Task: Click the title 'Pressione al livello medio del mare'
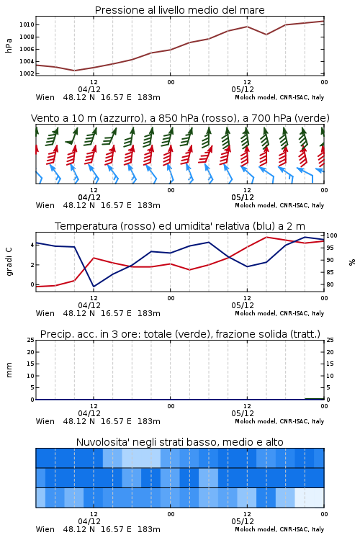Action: tap(179, 10)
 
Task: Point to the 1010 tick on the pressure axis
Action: tap(27, 24)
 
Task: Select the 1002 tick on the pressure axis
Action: tap(27, 73)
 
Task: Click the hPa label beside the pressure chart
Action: tap(9, 45)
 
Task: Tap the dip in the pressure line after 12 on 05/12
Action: tap(266, 35)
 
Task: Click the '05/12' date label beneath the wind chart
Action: tap(243, 198)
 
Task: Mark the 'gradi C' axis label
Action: tap(9, 261)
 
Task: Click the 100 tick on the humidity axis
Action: tap(332, 235)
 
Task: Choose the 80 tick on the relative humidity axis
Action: tap(330, 284)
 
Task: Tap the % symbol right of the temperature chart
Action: tap(352, 262)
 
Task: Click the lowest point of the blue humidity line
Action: tap(94, 287)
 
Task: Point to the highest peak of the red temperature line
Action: tap(266, 237)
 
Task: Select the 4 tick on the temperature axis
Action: tap(32, 246)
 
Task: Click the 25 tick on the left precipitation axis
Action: tap(31, 340)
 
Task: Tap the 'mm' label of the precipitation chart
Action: tap(9, 369)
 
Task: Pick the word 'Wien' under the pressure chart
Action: tap(45, 97)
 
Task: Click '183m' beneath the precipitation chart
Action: tap(149, 421)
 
